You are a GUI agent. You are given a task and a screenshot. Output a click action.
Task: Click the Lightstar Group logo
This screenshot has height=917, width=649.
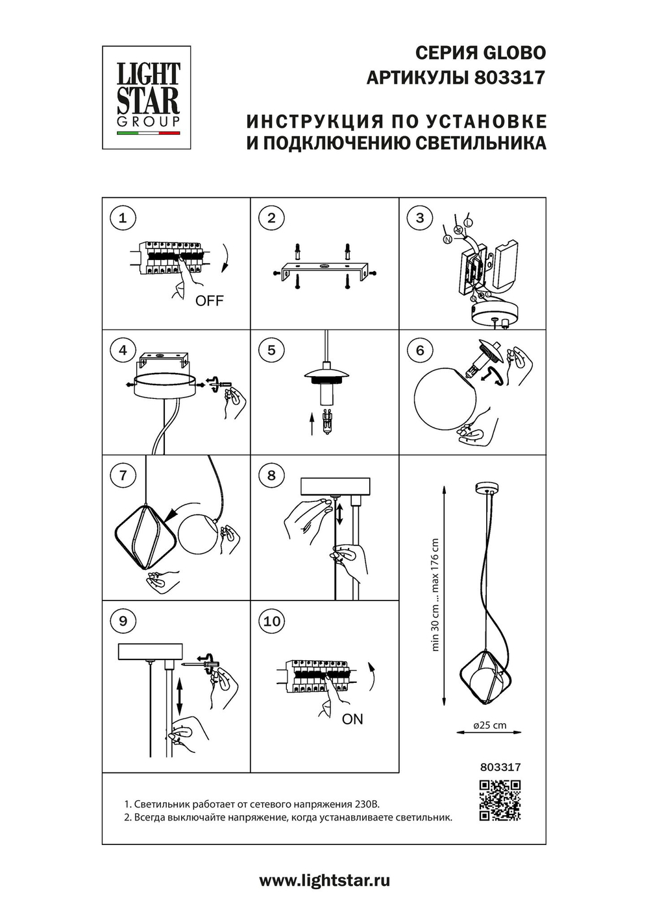point(147,97)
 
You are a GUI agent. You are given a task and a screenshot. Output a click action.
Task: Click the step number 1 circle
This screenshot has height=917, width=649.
point(123,217)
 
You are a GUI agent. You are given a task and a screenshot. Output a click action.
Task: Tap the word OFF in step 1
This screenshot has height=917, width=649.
point(209,300)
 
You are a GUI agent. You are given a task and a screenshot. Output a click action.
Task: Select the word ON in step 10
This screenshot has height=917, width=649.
point(352,719)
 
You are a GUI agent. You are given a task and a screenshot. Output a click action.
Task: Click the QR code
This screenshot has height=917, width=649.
point(500,801)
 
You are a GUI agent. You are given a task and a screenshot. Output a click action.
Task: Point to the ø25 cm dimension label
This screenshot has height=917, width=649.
point(490,725)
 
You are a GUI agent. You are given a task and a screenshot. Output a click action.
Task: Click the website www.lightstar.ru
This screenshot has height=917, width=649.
point(324,881)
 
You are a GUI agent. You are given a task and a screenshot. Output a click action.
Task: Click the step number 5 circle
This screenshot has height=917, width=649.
point(271,350)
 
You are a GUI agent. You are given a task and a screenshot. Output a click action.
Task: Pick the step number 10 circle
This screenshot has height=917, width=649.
point(271,621)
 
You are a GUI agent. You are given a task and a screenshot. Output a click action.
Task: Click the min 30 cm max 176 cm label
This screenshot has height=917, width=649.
point(435,595)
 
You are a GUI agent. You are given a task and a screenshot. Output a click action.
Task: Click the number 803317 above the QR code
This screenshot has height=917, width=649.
point(500,767)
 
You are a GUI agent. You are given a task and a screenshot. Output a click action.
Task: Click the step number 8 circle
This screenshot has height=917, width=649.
point(271,475)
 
